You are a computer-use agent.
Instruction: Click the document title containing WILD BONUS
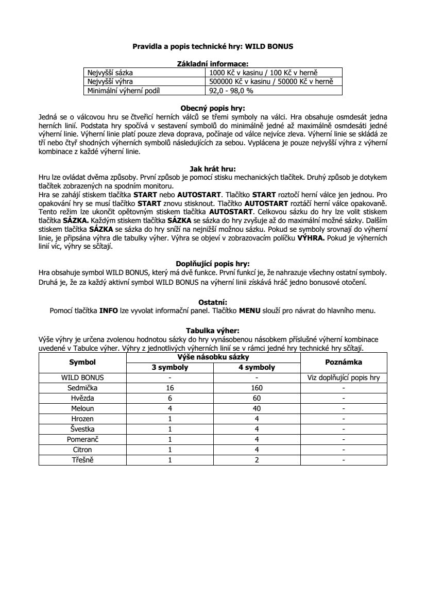pyautogui.click(x=213, y=46)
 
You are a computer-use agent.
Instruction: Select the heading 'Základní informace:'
pyautogui.click(x=213, y=64)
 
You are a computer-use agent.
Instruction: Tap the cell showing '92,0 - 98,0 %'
pyautogui.click(x=231, y=90)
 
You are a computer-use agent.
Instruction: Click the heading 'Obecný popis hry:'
pyautogui.click(x=213, y=108)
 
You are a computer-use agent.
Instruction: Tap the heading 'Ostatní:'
pyautogui.click(x=213, y=302)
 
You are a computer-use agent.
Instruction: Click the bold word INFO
pyautogui.click(x=109, y=311)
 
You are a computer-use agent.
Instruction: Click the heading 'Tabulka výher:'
pyautogui.click(x=213, y=331)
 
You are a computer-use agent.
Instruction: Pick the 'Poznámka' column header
pyautogui.click(x=344, y=362)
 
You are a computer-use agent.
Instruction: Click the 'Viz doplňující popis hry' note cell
pyautogui.click(x=344, y=377)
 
